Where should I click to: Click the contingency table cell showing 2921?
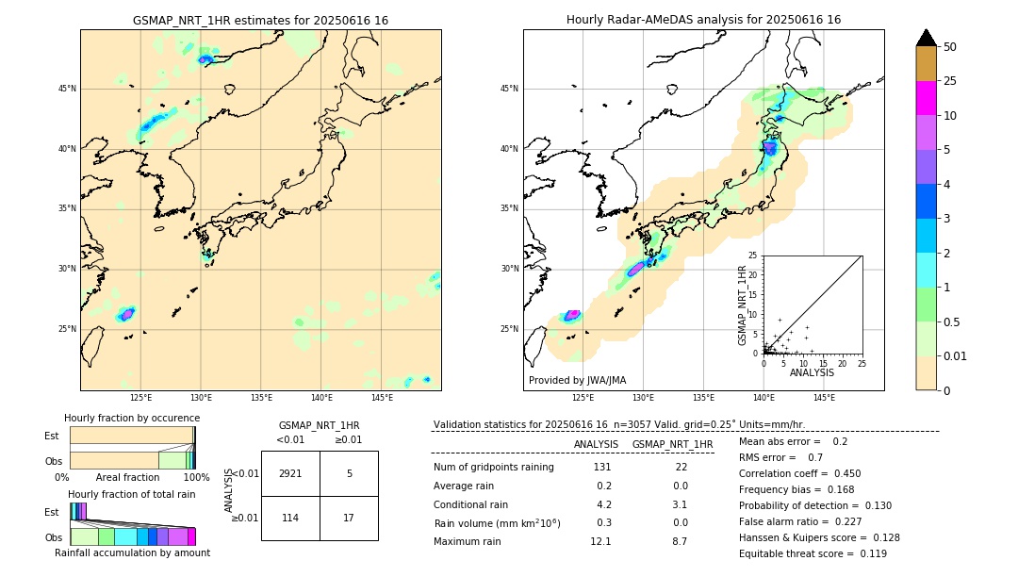(290, 473)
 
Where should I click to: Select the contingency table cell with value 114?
(290, 518)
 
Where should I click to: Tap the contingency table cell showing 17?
(349, 518)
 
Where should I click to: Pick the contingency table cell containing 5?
(349, 473)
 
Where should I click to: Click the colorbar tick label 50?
(950, 47)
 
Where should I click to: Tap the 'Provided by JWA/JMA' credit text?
(577, 381)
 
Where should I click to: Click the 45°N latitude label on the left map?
(67, 89)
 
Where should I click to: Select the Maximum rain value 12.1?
(600, 541)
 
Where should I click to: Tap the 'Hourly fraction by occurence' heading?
(132, 418)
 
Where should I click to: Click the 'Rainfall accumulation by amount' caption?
(132, 552)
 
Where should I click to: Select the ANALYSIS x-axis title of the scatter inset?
(812, 372)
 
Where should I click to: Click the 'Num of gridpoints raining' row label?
(494, 468)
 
